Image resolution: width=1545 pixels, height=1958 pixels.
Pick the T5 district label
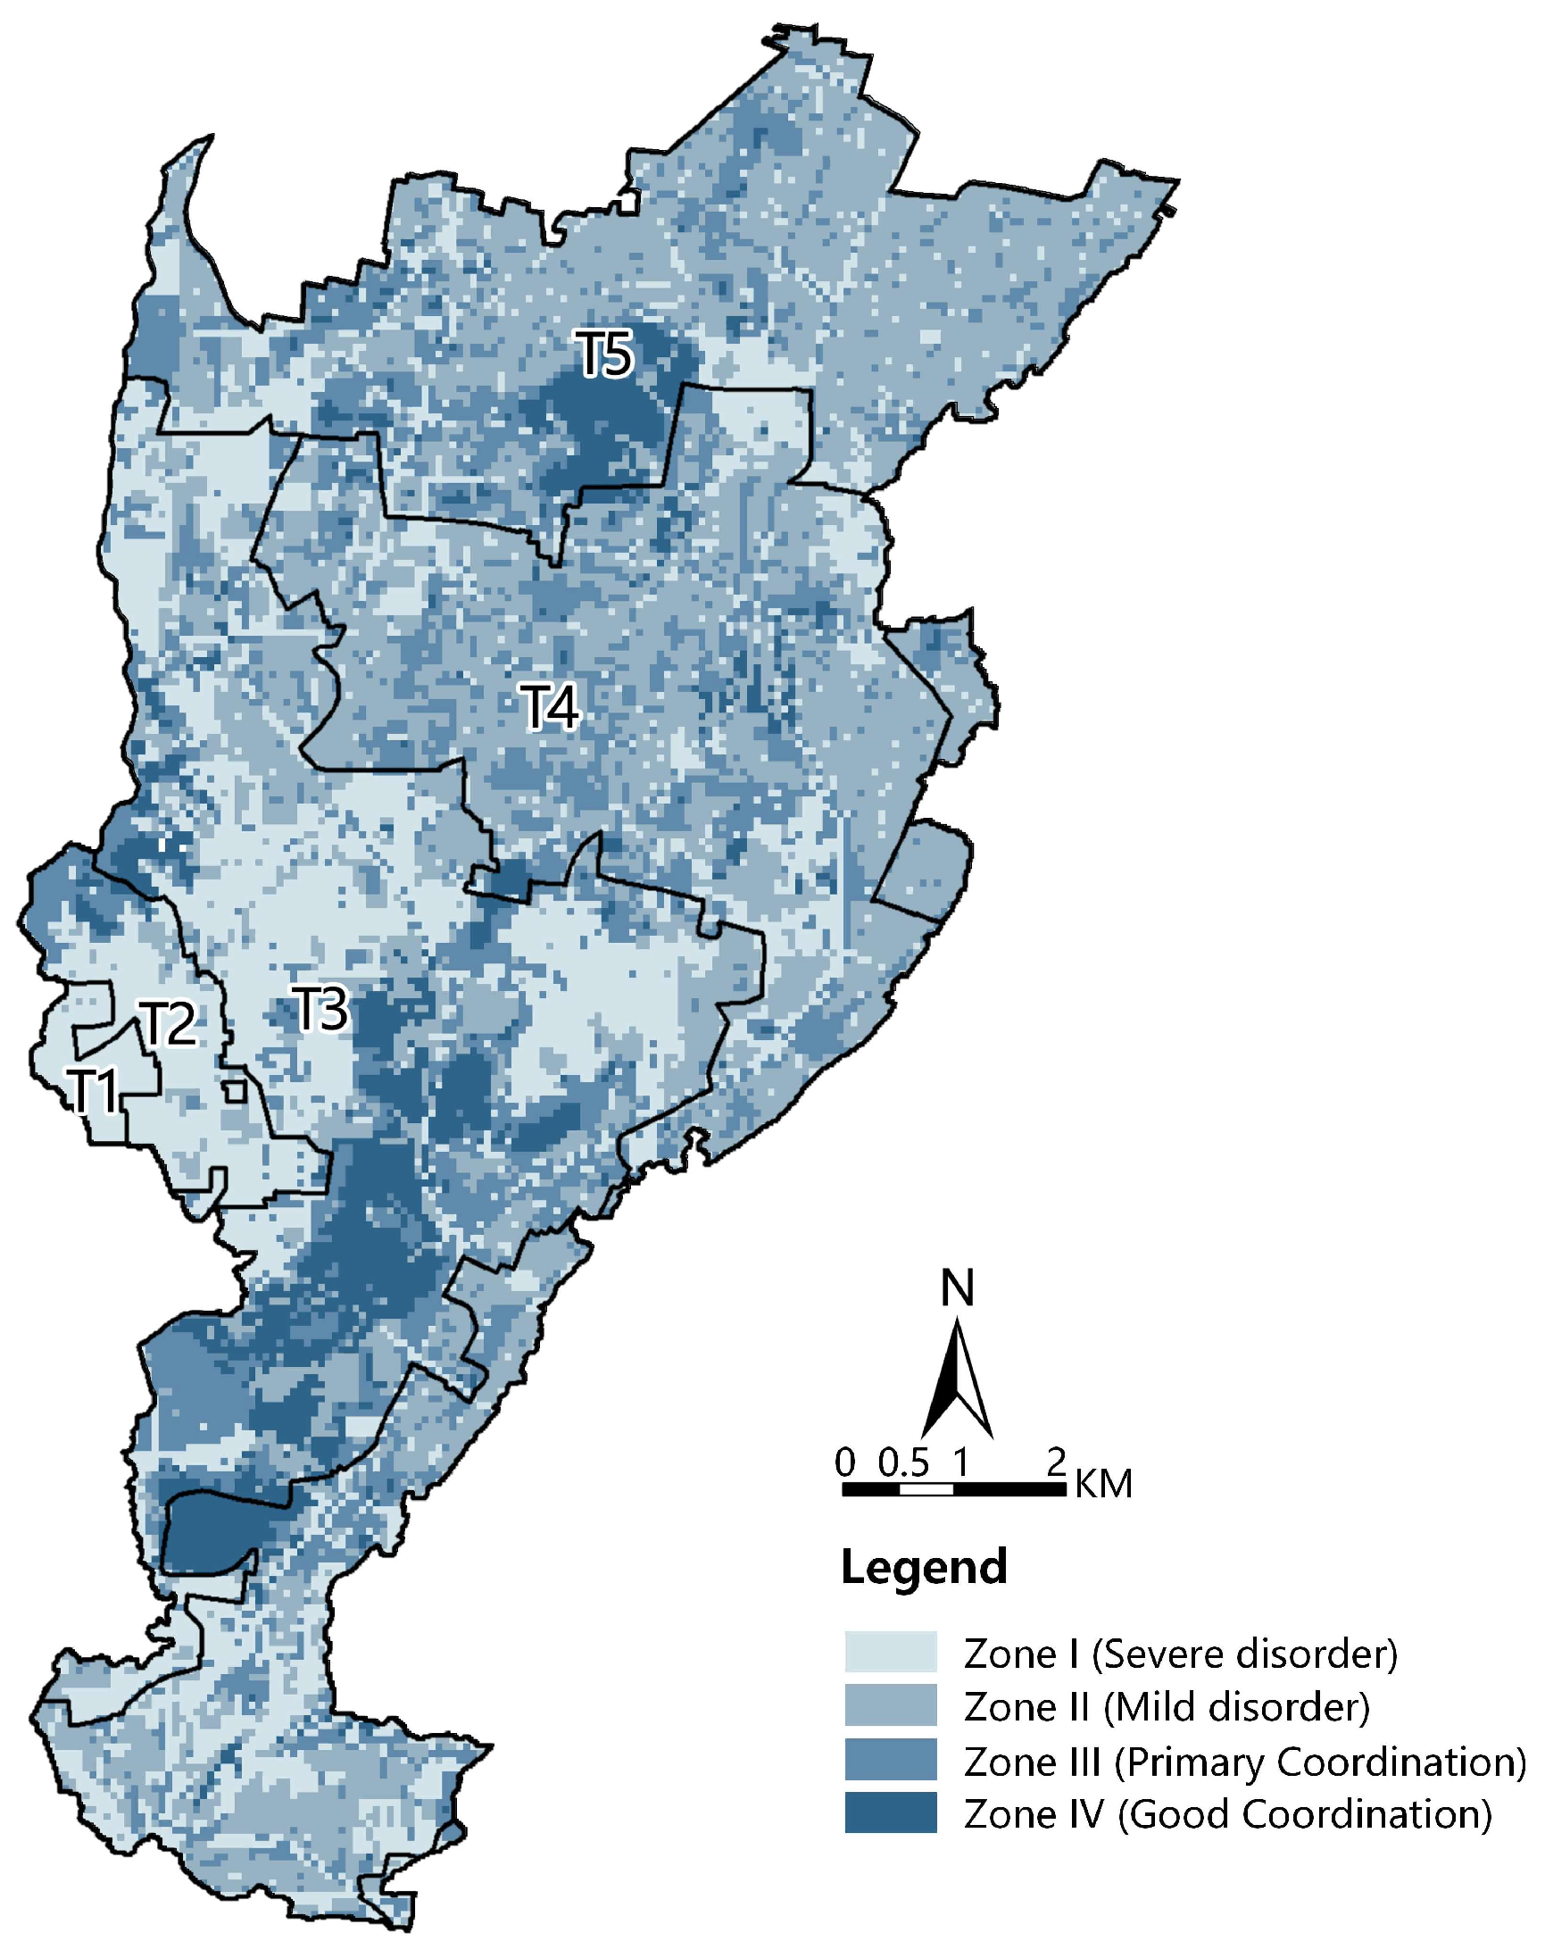pyautogui.click(x=605, y=354)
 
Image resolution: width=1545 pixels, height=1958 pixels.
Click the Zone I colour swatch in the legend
pyautogui.click(x=890, y=1651)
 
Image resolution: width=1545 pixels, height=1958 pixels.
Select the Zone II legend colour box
pyautogui.click(x=890, y=1705)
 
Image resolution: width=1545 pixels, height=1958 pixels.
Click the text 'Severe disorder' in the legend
pyautogui.click(x=1245, y=1653)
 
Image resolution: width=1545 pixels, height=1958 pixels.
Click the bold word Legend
pyautogui.click(x=923, y=1567)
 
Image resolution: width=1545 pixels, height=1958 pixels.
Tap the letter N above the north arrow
pyautogui.click(x=957, y=1288)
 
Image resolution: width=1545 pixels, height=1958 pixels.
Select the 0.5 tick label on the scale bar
pyautogui.click(x=902, y=1463)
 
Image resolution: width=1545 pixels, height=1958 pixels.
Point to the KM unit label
pyautogui.click(x=1102, y=1485)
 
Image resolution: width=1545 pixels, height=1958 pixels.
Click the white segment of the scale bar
pyautogui.click(x=926, y=1489)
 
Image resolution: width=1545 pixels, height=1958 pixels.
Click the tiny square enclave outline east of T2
pyautogui.click(x=236, y=1090)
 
